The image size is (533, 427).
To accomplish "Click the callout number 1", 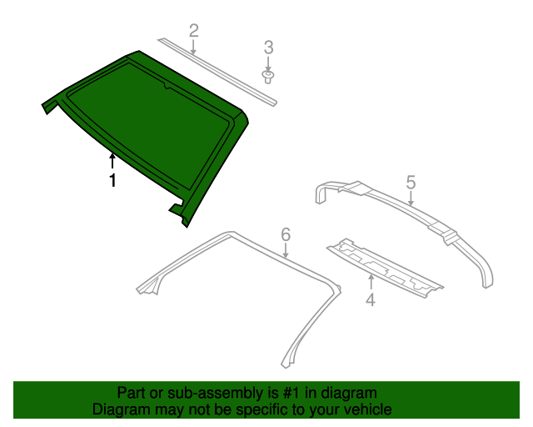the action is (x=112, y=180).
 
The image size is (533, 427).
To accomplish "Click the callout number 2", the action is (x=194, y=31).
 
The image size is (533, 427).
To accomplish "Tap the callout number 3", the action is (x=268, y=48).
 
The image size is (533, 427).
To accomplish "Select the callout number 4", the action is (x=371, y=299).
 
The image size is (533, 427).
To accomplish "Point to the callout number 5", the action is (x=411, y=183).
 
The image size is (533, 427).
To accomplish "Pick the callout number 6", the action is (x=286, y=234).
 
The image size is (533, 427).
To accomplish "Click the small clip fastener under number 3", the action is (x=268, y=78).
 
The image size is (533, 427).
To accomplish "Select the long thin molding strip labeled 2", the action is (x=217, y=72).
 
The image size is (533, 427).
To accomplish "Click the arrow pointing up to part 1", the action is (x=112, y=161).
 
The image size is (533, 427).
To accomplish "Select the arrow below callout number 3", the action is (x=268, y=64).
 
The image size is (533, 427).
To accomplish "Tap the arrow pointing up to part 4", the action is (x=371, y=282).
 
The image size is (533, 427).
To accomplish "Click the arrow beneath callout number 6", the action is (x=286, y=251).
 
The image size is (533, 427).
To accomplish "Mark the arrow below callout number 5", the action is (x=411, y=198).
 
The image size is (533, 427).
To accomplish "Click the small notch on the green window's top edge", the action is (x=167, y=85).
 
